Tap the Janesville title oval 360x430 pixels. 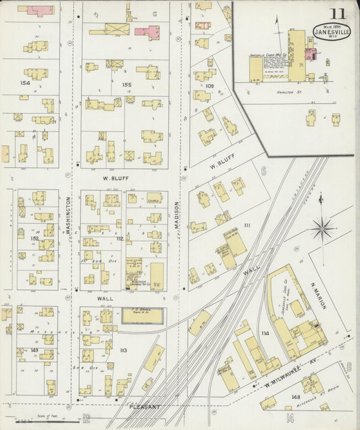click(x=332, y=31)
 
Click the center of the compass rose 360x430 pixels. click(x=322, y=228)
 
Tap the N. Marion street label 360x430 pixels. click(x=318, y=295)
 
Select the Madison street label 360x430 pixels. click(x=178, y=216)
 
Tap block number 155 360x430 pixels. click(x=126, y=85)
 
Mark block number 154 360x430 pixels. click(x=26, y=82)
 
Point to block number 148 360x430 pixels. click(x=295, y=396)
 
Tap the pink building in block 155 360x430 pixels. click(x=147, y=31)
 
